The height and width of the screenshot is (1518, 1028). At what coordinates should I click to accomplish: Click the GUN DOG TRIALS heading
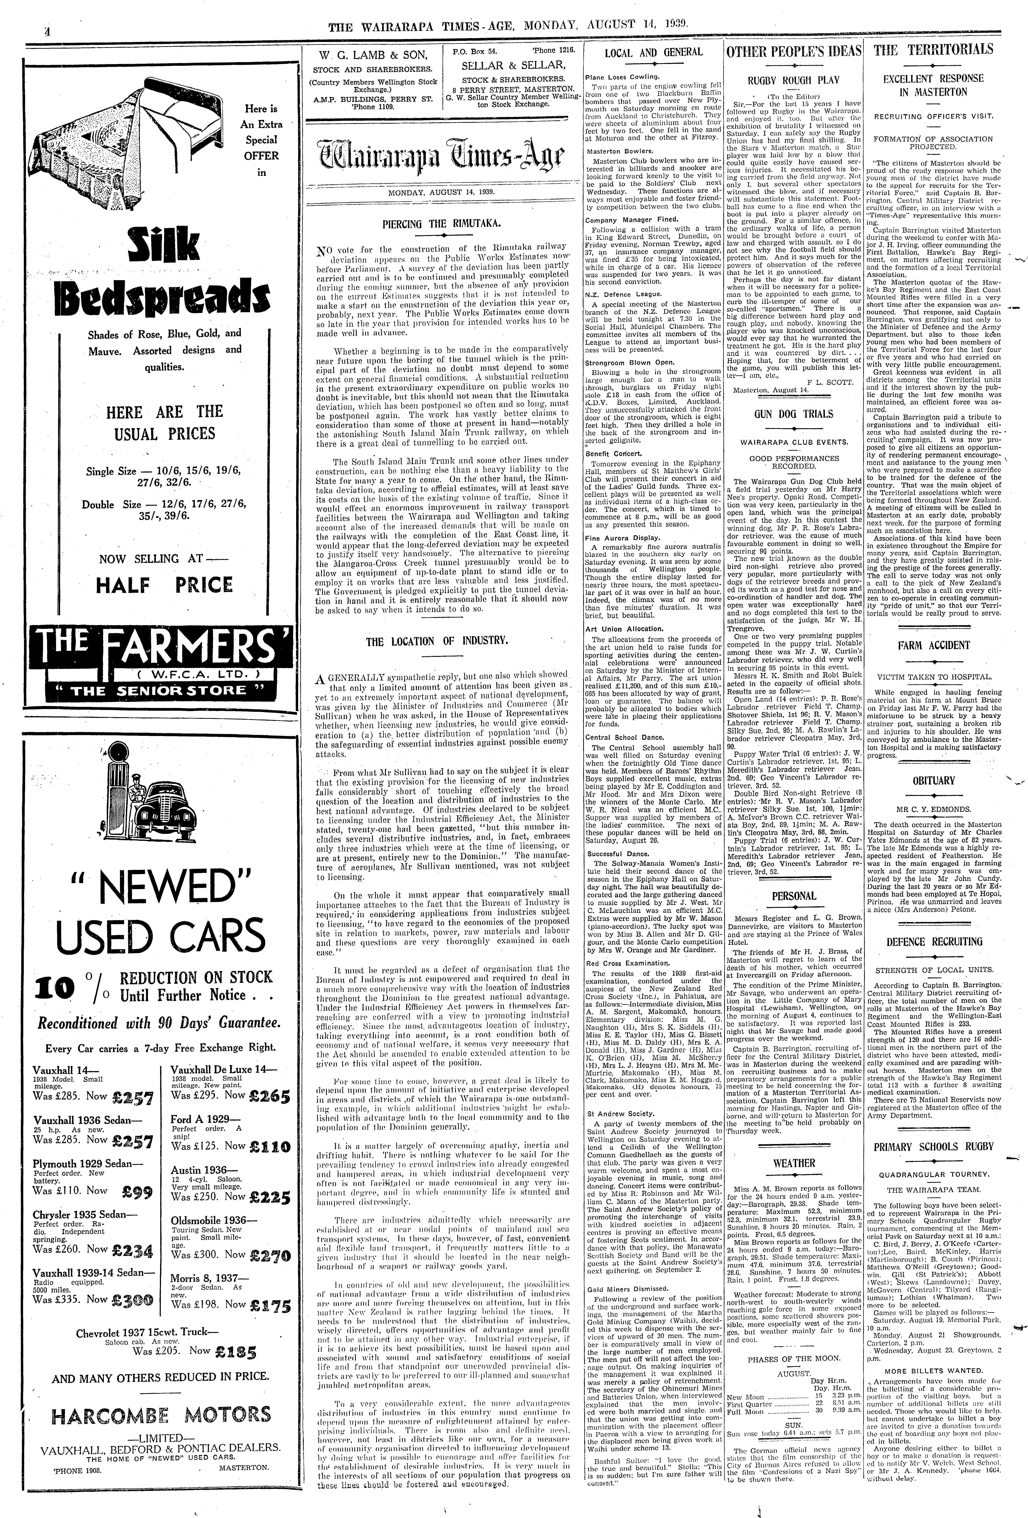[794, 414]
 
